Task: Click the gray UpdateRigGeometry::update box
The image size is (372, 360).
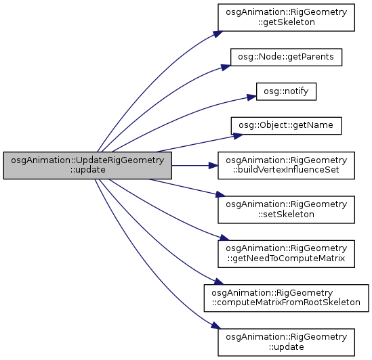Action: (87, 165)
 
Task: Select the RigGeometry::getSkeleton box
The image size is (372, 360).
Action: (287, 18)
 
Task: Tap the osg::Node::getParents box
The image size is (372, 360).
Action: (287, 57)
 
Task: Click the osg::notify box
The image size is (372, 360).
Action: (287, 91)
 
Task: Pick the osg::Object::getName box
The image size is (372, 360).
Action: (287, 126)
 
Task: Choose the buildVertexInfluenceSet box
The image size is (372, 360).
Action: (287, 165)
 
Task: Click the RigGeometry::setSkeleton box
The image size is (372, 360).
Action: (287, 210)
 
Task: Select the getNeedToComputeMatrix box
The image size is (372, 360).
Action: (287, 254)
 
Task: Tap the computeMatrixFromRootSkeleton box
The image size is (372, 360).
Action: (287, 298)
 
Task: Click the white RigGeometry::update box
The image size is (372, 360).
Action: (287, 342)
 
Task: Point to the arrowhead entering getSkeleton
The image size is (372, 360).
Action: (218, 34)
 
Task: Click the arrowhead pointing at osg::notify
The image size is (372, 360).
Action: (251, 97)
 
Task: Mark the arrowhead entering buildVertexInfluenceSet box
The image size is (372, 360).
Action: (213, 165)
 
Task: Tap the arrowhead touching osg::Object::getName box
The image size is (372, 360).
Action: (238, 136)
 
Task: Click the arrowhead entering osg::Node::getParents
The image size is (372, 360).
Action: (226, 67)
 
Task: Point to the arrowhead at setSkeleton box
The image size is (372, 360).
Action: (220, 195)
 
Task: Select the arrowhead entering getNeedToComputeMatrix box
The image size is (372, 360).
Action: (224, 238)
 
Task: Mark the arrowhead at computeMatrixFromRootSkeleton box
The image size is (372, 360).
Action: (219, 282)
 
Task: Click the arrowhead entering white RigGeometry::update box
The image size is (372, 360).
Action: (216, 325)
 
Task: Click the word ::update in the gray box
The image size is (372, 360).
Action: (87, 170)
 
